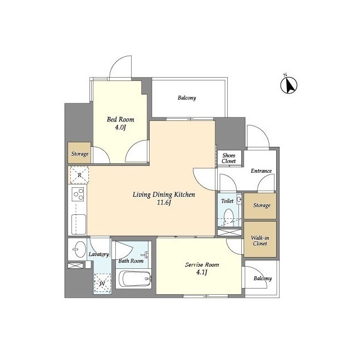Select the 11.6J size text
coord(164,204)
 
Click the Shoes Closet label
coord(229,158)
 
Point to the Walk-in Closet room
coord(260,240)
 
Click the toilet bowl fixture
coord(228,216)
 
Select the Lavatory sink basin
coord(78,249)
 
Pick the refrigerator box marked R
coord(79,175)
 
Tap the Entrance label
coord(261,171)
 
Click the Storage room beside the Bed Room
coord(79,154)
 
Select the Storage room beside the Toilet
coord(260,205)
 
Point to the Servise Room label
coord(202,264)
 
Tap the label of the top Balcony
coord(187,98)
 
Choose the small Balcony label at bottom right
coord(262,278)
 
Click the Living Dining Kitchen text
coord(164,195)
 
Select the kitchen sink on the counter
coord(78,224)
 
